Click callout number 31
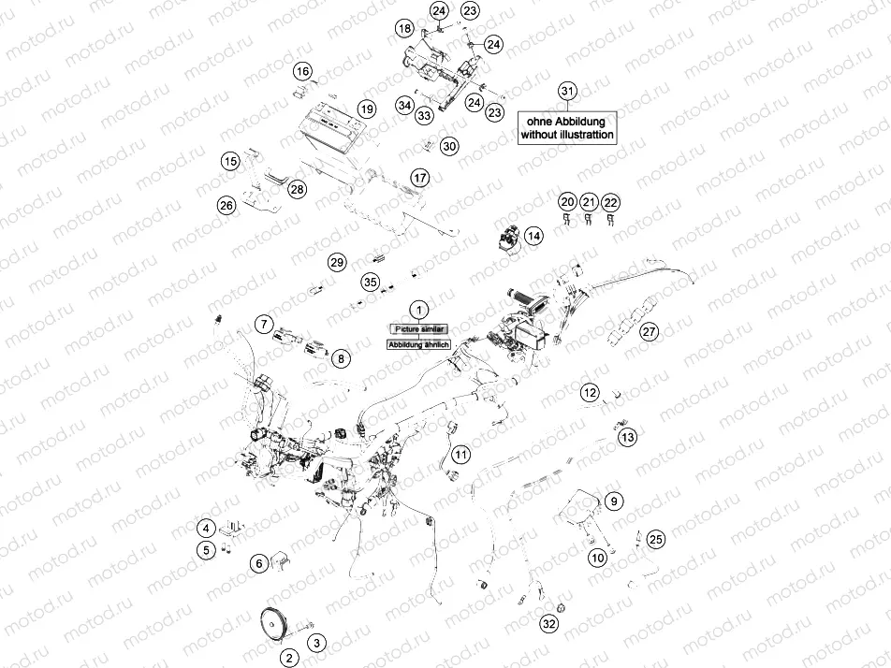click(x=567, y=91)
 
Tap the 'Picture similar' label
click(x=419, y=329)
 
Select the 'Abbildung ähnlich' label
click(x=419, y=344)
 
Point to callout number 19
click(x=366, y=109)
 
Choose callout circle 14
click(x=533, y=237)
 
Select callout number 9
click(x=614, y=501)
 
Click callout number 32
click(x=548, y=624)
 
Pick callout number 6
click(x=258, y=563)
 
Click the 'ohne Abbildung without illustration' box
click(x=568, y=128)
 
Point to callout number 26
click(x=226, y=205)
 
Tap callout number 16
click(x=302, y=71)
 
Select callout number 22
click(x=610, y=202)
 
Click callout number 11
click(x=460, y=455)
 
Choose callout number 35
click(x=370, y=282)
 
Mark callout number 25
click(x=655, y=539)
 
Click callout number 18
click(x=404, y=29)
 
